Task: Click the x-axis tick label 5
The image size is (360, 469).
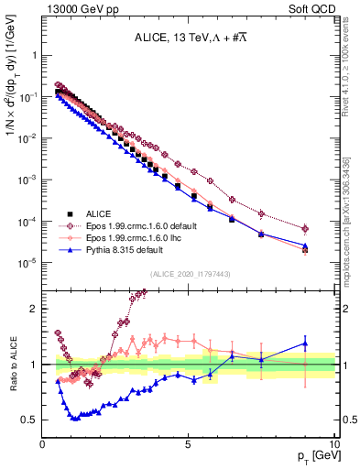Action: (188, 444)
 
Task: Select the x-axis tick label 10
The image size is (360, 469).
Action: (333, 444)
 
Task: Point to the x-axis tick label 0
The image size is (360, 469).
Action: (43, 444)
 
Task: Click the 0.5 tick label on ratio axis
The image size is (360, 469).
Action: (30, 420)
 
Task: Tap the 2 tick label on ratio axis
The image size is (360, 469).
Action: (35, 309)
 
